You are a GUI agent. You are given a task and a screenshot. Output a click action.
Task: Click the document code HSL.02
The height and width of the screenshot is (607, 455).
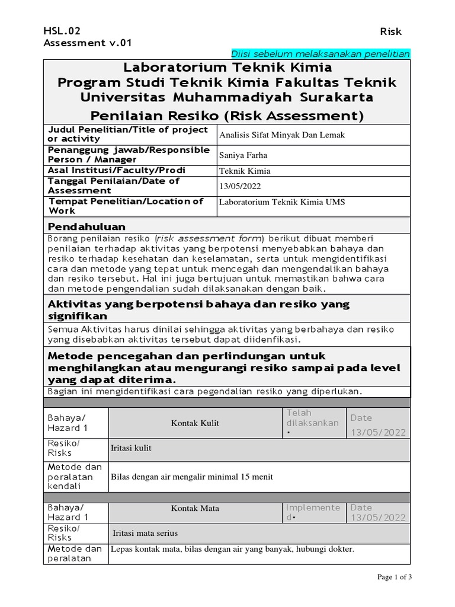(x=62, y=31)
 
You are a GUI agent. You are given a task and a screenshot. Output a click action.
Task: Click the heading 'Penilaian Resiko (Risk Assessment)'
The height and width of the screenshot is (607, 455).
(x=227, y=114)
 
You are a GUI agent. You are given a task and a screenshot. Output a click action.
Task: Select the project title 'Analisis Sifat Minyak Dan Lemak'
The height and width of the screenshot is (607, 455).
(x=281, y=135)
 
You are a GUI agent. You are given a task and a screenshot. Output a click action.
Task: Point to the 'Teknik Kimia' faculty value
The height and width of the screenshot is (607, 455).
(x=245, y=171)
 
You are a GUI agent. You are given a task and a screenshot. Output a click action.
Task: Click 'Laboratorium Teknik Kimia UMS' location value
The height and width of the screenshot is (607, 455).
(x=282, y=202)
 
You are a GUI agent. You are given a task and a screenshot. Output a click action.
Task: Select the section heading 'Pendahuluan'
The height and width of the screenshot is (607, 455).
(x=86, y=226)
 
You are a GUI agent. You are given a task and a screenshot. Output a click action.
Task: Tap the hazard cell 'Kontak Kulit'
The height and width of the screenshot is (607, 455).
(x=195, y=423)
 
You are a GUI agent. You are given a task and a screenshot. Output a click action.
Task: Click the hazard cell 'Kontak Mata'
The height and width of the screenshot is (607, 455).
(x=195, y=508)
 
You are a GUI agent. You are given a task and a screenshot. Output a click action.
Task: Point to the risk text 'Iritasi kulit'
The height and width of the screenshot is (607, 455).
(x=131, y=448)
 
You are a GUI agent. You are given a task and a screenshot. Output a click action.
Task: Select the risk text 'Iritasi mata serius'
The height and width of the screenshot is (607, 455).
(x=145, y=533)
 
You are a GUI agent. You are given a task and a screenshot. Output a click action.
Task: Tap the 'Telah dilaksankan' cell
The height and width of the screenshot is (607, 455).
(x=312, y=423)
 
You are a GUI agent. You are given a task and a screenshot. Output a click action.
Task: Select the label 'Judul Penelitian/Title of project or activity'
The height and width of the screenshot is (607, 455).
(x=127, y=134)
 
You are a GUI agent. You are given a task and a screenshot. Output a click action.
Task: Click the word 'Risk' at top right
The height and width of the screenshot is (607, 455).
(x=390, y=32)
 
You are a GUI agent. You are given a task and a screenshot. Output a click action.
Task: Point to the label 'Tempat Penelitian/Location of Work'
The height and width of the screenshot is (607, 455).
(x=125, y=205)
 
